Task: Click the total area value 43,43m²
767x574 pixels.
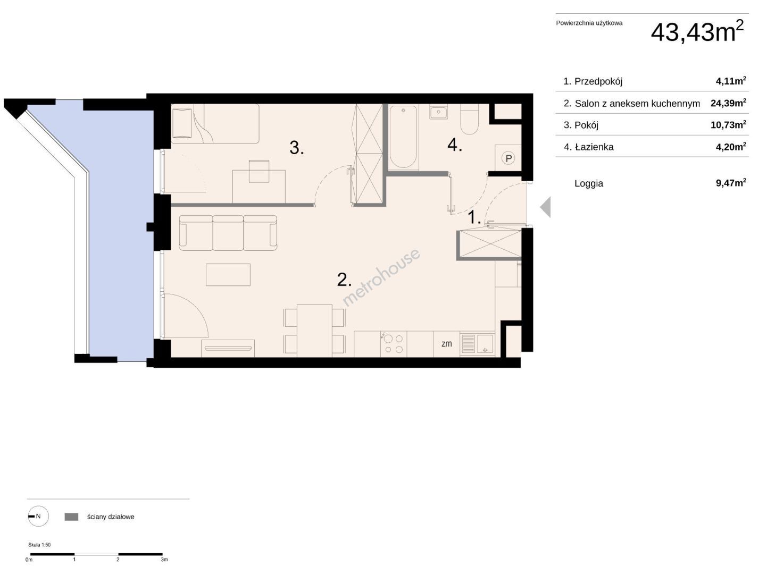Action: tap(697, 31)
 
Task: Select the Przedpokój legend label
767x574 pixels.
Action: tap(598, 81)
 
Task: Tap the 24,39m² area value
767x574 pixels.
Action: tap(728, 103)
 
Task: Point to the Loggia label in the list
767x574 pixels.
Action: tap(588, 183)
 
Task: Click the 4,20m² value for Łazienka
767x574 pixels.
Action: tap(731, 147)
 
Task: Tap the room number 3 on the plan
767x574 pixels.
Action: tap(296, 148)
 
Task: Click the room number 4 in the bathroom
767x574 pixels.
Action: tap(455, 145)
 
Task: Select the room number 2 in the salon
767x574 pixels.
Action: tap(344, 280)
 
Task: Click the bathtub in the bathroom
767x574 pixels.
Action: tap(403, 138)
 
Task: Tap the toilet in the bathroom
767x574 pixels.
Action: tap(469, 120)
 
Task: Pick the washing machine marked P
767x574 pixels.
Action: tap(508, 158)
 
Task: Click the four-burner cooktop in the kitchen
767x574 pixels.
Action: tap(394, 344)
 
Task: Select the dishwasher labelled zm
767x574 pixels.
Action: tap(447, 344)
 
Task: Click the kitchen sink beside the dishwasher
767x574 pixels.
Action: tap(477, 344)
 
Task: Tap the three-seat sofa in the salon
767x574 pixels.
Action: tap(228, 233)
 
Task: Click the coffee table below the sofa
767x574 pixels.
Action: tap(228, 275)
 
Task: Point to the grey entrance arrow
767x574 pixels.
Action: tap(545, 207)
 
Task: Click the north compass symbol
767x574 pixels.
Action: tap(38, 516)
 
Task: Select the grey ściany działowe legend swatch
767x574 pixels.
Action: tap(71, 517)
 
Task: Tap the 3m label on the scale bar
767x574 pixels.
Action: tap(164, 559)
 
